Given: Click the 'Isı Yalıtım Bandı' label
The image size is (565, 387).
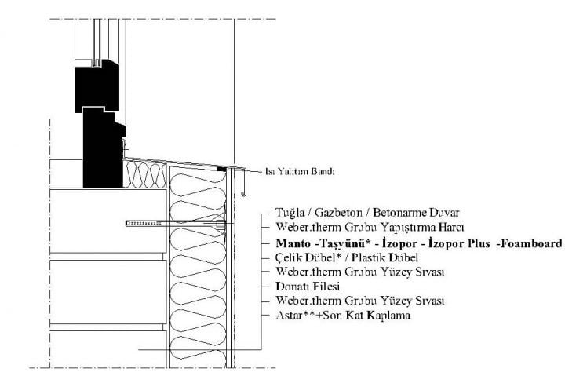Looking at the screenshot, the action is pos(300,171).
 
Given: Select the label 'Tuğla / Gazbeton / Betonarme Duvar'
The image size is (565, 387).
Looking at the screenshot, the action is pos(367,213).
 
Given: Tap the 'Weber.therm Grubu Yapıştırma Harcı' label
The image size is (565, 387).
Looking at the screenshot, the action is pos(370,228).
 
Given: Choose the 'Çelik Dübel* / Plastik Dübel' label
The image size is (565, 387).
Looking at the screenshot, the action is pos(347,257).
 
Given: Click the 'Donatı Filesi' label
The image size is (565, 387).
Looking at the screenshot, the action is pos(308,287).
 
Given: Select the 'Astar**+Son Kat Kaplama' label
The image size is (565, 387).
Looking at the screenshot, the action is pos(343,316).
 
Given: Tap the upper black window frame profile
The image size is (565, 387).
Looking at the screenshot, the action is pos(97,86).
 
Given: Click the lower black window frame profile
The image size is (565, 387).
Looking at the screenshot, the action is pos(104,148).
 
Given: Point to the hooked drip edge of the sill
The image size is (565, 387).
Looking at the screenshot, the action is pos(243,182).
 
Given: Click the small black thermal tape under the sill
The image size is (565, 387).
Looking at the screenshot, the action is pos(222,169).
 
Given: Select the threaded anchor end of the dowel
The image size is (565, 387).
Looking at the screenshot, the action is pos(144,224).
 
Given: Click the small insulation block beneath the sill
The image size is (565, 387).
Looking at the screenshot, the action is pos(144,174).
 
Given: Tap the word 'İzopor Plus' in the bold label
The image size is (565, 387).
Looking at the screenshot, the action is pos(459,244).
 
